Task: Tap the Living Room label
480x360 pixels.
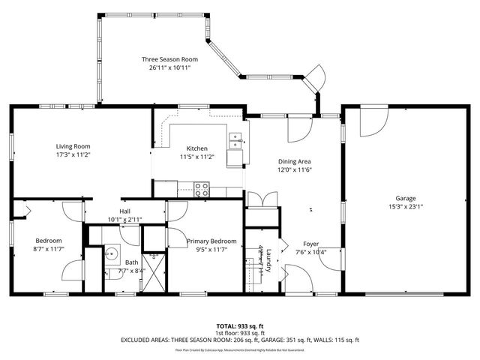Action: point(73,146)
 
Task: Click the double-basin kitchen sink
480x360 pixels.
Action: point(235,140)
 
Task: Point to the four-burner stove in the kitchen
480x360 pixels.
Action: point(202,189)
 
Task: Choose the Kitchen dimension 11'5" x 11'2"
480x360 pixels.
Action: point(197,157)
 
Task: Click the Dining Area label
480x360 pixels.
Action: point(294,161)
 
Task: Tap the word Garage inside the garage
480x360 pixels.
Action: point(406,198)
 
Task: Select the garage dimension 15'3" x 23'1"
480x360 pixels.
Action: point(406,207)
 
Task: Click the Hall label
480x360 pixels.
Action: point(124,211)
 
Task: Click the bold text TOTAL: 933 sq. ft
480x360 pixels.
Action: point(239,325)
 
